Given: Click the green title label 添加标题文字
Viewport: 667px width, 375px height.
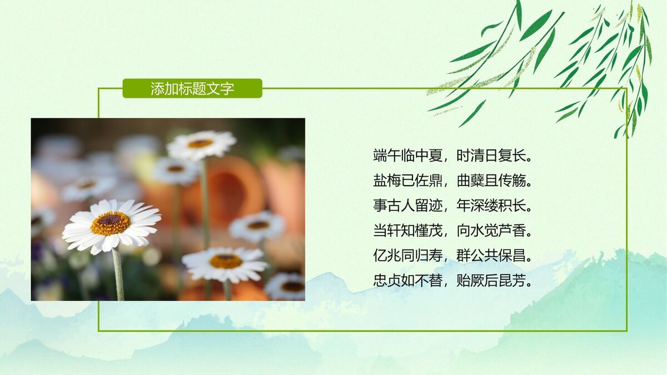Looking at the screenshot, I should tap(192, 88).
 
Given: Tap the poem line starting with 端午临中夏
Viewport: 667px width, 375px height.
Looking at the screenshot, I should tap(453, 156).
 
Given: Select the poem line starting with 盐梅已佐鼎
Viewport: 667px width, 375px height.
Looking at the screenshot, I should tap(453, 181).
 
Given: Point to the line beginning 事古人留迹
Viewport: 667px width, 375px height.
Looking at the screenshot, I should tap(453, 206).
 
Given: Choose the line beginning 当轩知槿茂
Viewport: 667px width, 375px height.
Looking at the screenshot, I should tap(453, 231).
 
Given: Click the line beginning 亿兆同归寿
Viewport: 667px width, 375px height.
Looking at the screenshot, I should tap(453, 256).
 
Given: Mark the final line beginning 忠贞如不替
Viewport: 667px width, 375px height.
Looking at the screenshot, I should tap(453, 281).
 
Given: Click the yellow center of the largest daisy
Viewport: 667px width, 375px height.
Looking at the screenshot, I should tap(111, 223).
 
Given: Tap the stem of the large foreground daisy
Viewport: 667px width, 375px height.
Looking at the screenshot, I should tap(118, 275).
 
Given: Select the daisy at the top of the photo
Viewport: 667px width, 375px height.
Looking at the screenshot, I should tap(201, 144).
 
